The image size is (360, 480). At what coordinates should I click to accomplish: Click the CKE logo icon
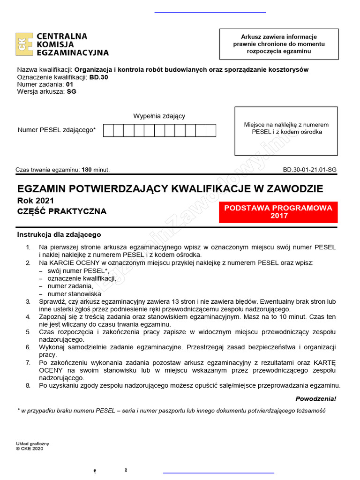(24, 45)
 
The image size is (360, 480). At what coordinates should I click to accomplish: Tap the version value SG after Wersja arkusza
(71, 91)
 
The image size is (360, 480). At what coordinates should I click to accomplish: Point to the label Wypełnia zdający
(159, 116)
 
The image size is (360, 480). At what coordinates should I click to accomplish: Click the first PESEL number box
(108, 130)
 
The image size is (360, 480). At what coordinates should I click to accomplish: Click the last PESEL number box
(211, 130)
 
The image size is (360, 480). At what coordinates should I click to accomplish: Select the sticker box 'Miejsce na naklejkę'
(286, 131)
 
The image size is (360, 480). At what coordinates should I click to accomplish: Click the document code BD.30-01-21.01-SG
(309, 170)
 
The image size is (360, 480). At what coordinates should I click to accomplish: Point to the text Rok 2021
(36, 201)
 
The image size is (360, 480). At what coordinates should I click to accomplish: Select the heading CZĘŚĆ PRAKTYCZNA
(62, 211)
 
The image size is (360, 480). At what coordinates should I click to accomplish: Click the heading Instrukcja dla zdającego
(59, 234)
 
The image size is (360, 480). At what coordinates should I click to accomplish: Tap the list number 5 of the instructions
(28, 332)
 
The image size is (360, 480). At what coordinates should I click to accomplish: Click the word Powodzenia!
(315, 399)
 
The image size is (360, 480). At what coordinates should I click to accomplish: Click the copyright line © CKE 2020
(29, 448)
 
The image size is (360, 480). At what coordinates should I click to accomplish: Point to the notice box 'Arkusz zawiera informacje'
(279, 44)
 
